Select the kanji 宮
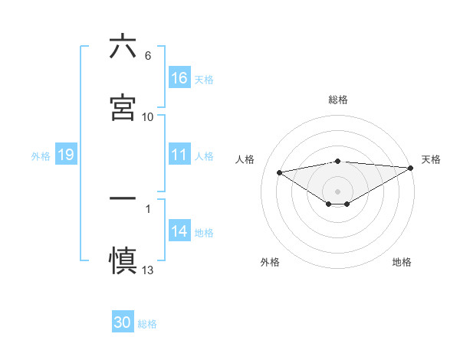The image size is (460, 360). pos(123,109)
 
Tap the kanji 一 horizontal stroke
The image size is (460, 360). pos(123,198)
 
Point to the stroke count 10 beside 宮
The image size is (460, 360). pos(148,117)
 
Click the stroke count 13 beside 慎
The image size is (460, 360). pos(148,270)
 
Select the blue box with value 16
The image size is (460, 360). pos(179,78)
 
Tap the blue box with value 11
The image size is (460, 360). pos(179,155)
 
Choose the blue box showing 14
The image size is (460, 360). pos(179,231)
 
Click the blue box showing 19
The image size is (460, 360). pos(66,155)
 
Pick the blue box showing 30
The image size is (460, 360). pos(123,322)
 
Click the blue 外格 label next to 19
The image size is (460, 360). pos(41,155)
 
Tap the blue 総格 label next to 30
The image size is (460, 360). pos(148,323)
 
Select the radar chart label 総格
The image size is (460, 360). pos(337,100)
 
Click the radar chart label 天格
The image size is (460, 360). pos(431,159)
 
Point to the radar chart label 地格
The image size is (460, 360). pos(402,262)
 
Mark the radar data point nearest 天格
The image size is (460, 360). pos(412,167)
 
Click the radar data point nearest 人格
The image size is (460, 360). pos(279,172)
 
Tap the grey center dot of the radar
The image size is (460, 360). pos(337,191)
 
